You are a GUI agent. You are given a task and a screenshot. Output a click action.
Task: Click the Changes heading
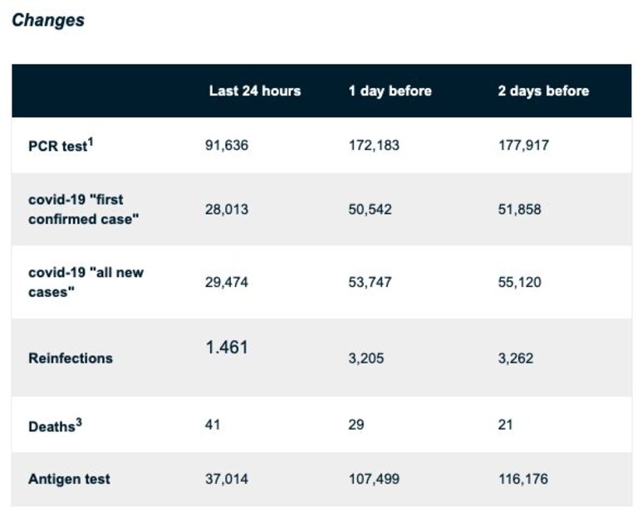click(48, 20)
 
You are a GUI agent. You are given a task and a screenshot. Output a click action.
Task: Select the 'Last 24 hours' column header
click(255, 91)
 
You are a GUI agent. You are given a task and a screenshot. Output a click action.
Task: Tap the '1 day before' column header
click(390, 91)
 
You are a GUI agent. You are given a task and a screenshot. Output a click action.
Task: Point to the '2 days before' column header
click(543, 91)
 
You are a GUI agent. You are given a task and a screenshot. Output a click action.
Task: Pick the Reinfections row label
click(71, 358)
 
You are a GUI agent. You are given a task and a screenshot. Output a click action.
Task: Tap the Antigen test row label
click(69, 479)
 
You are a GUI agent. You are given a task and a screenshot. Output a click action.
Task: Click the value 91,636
click(227, 145)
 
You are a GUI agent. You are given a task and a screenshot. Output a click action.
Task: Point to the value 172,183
click(374, 145)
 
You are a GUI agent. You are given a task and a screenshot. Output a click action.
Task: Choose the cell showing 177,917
click(524, 145)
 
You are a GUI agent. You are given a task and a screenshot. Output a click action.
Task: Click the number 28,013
click(227, 209)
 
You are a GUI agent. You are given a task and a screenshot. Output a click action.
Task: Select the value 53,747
click(370, 282)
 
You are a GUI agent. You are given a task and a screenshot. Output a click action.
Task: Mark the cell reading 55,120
click(520, 282)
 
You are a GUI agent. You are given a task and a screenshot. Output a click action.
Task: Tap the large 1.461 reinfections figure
click(227, 348)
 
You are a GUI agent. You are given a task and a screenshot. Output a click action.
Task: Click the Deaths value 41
click(213, 425)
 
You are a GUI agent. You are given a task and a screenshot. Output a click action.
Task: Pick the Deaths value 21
click(506, 425)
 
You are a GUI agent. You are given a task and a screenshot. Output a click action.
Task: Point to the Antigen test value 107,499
click(374, 479)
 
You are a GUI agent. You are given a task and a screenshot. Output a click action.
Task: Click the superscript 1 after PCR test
click(91, 142)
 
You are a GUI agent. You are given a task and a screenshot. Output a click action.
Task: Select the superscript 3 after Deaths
click(79, 422)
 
